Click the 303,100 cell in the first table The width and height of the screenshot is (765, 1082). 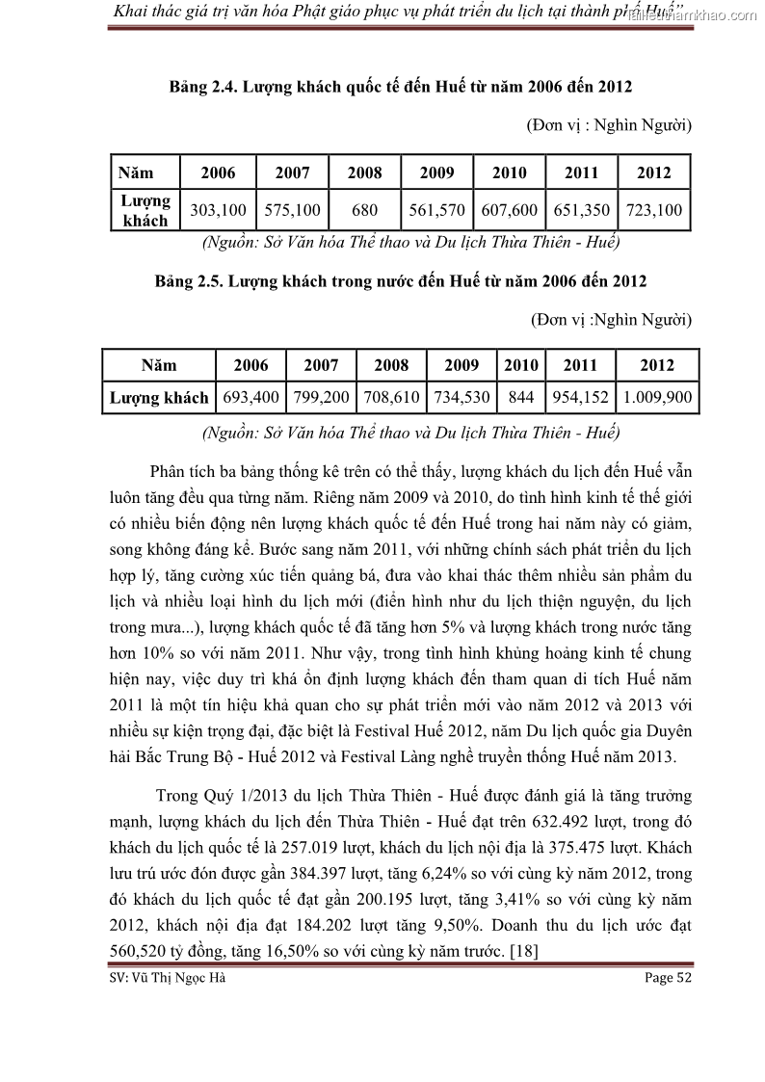point(219,210)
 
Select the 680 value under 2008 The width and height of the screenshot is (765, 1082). point(364,210)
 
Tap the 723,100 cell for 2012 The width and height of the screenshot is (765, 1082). point(654,210)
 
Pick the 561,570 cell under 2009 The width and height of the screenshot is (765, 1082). point(436,210)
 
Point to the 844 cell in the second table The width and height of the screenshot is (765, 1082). point(520,397)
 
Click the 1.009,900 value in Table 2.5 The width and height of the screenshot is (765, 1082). point(657,397)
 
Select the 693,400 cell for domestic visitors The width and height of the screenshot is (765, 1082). point(251,397)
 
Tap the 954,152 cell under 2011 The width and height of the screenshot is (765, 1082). point(580,397)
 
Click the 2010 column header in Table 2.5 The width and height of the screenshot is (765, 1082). point(520,365)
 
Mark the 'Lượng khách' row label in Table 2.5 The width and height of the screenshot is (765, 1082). point(159,397)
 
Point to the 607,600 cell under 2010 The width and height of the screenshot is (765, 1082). point(510,210)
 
